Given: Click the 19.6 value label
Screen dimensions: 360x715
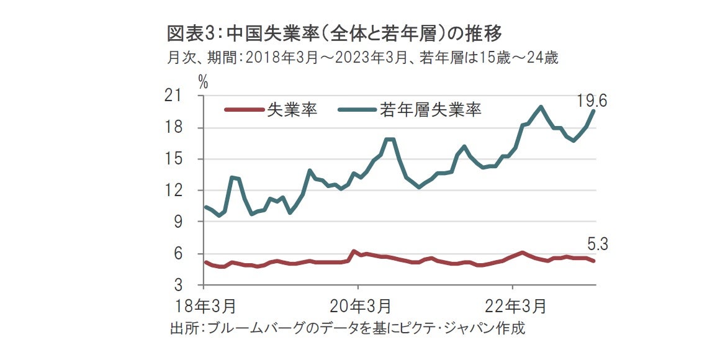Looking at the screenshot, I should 591,101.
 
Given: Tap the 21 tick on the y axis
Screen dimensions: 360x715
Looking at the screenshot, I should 187,96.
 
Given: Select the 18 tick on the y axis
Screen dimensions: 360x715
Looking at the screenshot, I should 187,128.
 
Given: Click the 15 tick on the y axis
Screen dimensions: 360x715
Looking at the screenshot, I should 187,159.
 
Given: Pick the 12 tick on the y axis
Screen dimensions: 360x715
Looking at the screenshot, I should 187,191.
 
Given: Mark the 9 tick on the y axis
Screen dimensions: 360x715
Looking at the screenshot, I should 191,222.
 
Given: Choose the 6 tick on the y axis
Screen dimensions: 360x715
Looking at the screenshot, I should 191,253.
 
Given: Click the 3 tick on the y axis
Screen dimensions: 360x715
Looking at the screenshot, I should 191,285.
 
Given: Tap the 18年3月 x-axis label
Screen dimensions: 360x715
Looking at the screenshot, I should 204,306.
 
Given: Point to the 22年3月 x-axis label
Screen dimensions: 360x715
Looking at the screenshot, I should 513,306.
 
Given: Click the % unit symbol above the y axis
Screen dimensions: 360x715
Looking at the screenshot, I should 203,81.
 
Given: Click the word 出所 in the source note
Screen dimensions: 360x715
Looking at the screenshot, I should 182,328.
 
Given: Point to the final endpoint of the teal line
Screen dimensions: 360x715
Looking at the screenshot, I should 594,110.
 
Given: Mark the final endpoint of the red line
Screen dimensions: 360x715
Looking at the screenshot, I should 594,261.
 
